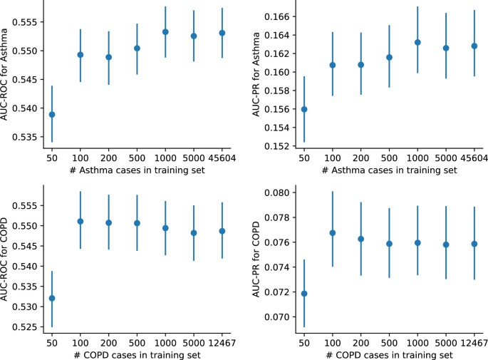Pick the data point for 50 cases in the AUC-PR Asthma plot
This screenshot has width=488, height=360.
pyautogui.click(x=304, y=109)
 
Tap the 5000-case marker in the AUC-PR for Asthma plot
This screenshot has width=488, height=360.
pyautogui.click(x=446, y=48)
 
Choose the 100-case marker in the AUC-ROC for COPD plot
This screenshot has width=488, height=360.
pyautogui.click(x=81, y=221)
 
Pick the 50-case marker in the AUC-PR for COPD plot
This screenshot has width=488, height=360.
pyautogui.click(x=304, y=294)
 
